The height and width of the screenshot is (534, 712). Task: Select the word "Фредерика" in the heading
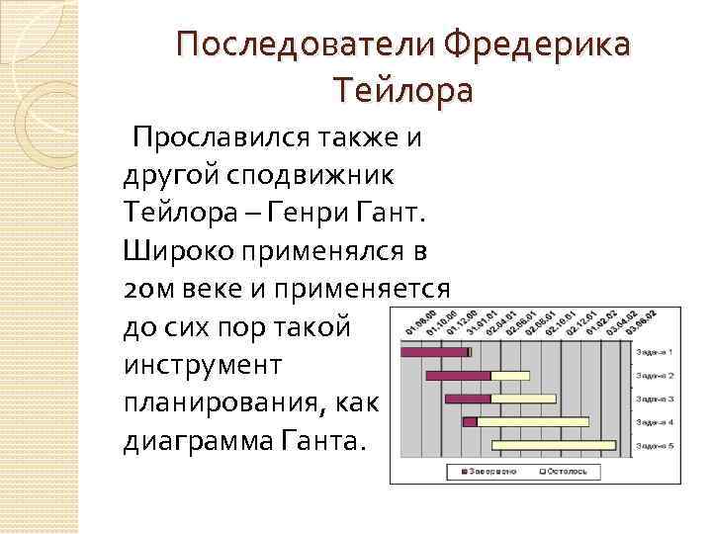tap(535, 45)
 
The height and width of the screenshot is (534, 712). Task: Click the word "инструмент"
tap(203, 364)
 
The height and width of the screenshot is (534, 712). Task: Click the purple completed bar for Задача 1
tap(433, 351)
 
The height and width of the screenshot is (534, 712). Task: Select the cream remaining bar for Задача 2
tap(510, 376)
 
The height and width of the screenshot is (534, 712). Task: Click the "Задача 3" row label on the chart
tap(655, 399)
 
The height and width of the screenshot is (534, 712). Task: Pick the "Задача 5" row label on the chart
tap(655, 445)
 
